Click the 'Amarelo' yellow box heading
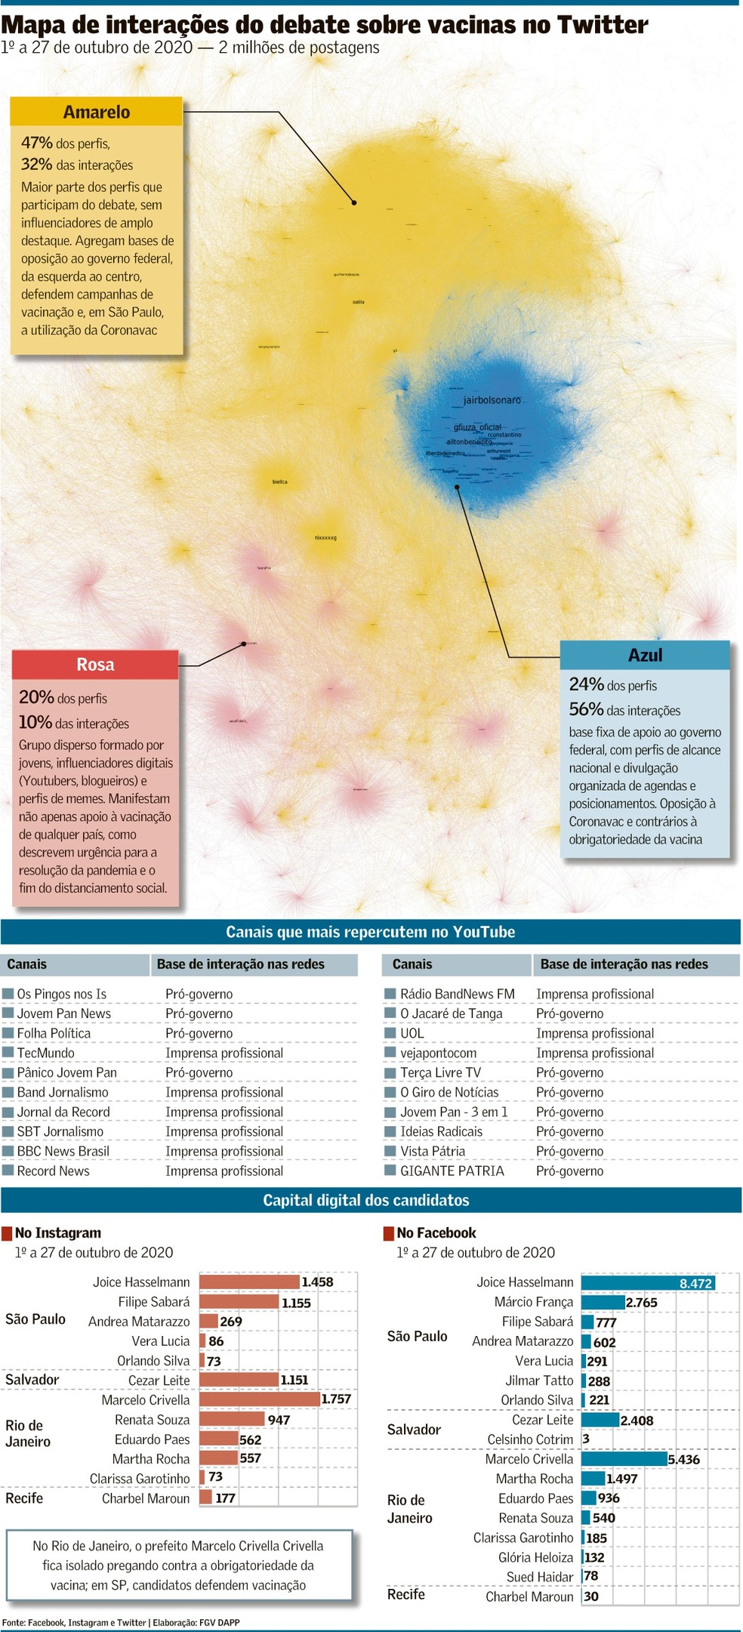click(97, 112)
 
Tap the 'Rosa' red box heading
click(95, 665)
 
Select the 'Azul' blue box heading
click(645, 655)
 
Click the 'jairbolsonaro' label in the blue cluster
click(492, 400)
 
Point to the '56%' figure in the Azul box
click(586, 709)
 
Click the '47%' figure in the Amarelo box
click(37, 143)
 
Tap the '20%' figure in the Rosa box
click(35, 697)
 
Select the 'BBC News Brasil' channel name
click(63, 1151)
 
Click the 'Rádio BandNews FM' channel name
click(457, 994)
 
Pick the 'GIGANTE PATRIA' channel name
click(452, 1171)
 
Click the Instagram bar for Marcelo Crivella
click(260, 1399)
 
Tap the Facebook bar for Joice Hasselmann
click(647, 1282)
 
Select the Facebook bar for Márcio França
click(603, 1302)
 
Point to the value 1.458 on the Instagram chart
click(317, 1282)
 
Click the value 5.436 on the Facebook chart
click(683, 1459)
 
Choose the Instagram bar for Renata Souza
click(232, 1419)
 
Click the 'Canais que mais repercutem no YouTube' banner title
click(370, 932)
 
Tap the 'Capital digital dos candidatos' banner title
click(366, 1200)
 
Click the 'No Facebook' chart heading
click(436, 1232)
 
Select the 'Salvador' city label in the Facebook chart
click(414, 1429)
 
